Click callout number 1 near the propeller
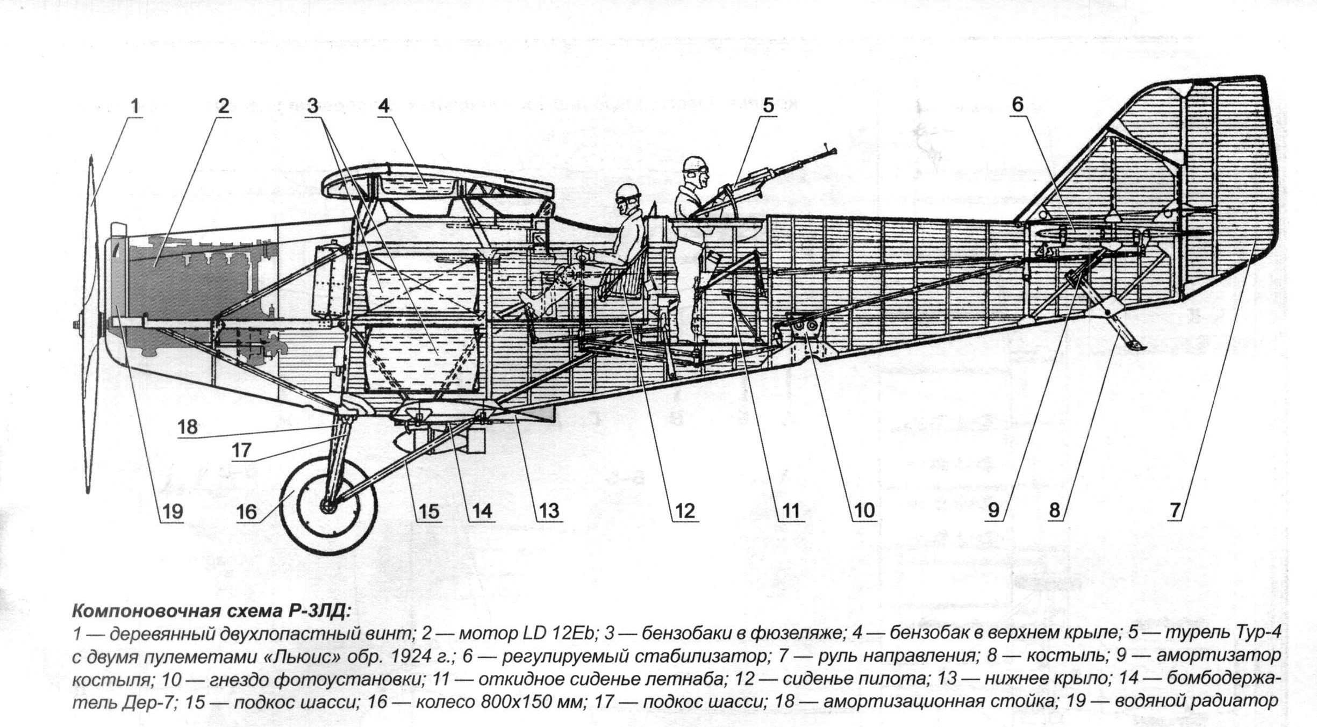[135, 106]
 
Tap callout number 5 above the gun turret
[768, 105]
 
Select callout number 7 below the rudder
[1176, 510]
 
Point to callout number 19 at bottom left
[173, 511]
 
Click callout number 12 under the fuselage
[684, 510]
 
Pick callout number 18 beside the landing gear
[188, 427]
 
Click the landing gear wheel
[328, 505]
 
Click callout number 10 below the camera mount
[864, 510]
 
